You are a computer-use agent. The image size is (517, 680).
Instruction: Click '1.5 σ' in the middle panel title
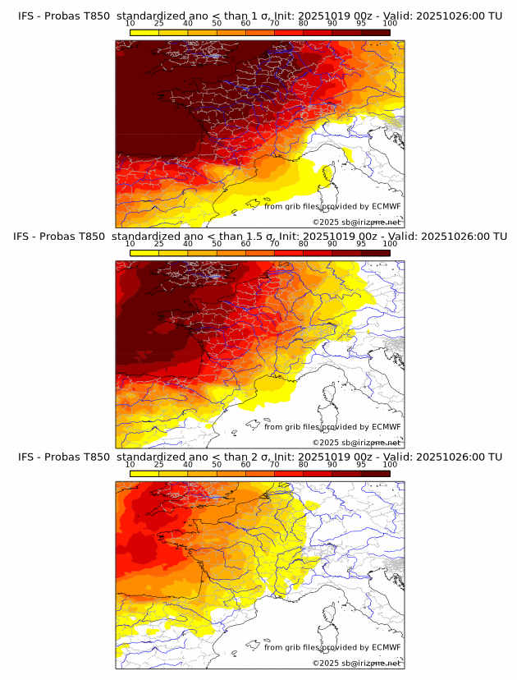[x=249, y=237]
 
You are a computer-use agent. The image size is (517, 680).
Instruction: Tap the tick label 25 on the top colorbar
[x=158, y=23]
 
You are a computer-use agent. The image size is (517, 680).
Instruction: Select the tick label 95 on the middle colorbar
[x=361, y=243]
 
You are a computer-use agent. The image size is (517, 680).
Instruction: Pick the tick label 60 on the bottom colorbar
[x=245, y=463]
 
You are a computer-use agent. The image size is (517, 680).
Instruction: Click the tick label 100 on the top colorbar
[x=390, y=23]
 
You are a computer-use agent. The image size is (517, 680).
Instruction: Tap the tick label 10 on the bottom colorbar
[x=130, y=463]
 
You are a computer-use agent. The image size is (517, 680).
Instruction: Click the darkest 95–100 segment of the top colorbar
[x=376, y=32]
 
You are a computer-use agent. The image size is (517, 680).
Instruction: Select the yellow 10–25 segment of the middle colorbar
[x=144, y=252]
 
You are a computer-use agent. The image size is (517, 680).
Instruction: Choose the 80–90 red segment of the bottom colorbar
[x=318, y=472]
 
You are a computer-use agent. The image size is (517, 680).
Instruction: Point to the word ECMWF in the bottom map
[x=386, y=646]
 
